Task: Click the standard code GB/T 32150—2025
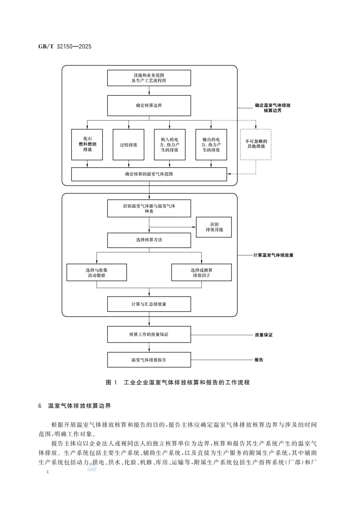65,46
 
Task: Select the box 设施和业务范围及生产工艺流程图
149,78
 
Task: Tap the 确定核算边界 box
149,105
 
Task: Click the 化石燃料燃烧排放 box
87,145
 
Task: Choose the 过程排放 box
128,145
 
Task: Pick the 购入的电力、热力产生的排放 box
170,145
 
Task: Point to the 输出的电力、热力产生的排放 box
211,145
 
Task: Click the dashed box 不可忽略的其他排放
256,145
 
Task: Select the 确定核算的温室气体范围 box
149,174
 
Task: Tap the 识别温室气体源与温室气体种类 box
149,208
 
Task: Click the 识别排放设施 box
214,227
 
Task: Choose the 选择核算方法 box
149,240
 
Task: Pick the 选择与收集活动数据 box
97,272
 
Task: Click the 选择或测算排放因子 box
202,272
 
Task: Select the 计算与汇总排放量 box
149,304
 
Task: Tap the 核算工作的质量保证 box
149,334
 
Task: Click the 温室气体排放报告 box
149,360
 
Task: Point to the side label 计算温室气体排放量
273,255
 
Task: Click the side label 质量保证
264,335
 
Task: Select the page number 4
47,472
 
